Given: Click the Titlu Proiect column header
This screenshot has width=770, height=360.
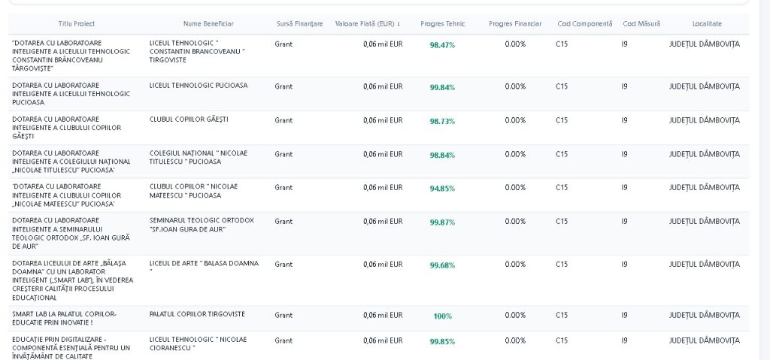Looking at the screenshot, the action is (77, 23).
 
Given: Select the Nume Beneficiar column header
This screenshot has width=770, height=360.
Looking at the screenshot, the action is (208, 23).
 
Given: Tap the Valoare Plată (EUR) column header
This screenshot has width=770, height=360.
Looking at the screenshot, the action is (367, 23).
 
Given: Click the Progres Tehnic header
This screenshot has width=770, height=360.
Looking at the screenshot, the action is (442, 23).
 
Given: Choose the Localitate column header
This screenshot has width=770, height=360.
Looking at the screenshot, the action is (707, 23).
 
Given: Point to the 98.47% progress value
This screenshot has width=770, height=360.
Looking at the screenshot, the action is (442, 45).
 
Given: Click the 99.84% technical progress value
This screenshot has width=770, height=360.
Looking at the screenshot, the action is (442, 87).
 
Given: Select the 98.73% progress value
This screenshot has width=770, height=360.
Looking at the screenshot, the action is (442, 121).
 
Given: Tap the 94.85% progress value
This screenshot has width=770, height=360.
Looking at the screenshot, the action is (442, 189).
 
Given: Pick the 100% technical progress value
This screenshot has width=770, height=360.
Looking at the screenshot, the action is (442, 316).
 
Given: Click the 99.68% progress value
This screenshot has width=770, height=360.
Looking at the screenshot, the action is (442, 265).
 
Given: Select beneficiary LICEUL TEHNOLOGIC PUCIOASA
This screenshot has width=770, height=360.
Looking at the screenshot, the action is (199, 86).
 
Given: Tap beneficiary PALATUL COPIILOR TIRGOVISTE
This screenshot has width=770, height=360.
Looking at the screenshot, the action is (197, 314).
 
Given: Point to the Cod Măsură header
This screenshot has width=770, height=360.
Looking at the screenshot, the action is (641, 23).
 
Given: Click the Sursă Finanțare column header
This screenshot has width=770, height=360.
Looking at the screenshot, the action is (299, 23).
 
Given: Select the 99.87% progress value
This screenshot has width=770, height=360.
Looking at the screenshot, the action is (442, 222).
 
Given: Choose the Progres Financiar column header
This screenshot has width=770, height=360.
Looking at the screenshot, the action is (515, 23).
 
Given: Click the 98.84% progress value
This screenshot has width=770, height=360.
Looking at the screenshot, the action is (442, 155).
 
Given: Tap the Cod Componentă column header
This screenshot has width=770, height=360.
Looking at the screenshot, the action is (585, 23).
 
